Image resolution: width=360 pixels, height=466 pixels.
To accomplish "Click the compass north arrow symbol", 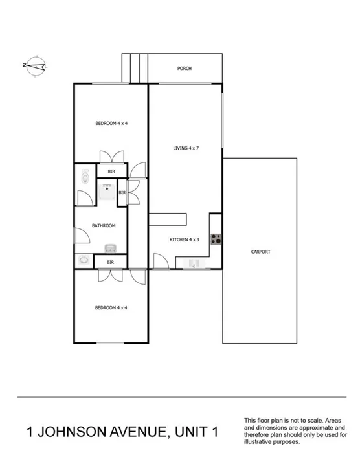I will (34, 65).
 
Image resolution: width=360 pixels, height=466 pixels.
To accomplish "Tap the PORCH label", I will (185, 69).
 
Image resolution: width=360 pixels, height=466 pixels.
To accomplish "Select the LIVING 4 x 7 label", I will (185, 148).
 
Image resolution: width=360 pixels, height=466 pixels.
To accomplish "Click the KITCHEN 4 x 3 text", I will (185, 240).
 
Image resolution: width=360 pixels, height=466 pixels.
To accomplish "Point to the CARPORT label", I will (260, 252).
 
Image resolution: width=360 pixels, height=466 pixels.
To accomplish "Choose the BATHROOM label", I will (104, 225).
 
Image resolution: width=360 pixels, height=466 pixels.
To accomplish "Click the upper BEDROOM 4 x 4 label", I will (111, 123).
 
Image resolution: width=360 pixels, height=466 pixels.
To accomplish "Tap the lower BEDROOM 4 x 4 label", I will (111, 307).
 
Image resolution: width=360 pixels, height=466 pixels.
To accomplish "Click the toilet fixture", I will (84, 176).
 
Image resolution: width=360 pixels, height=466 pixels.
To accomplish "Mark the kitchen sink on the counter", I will (192, 263).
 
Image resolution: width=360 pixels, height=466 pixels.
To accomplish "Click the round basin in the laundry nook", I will (84, 260).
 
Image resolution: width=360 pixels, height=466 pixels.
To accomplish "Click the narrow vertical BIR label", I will (122, 192).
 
